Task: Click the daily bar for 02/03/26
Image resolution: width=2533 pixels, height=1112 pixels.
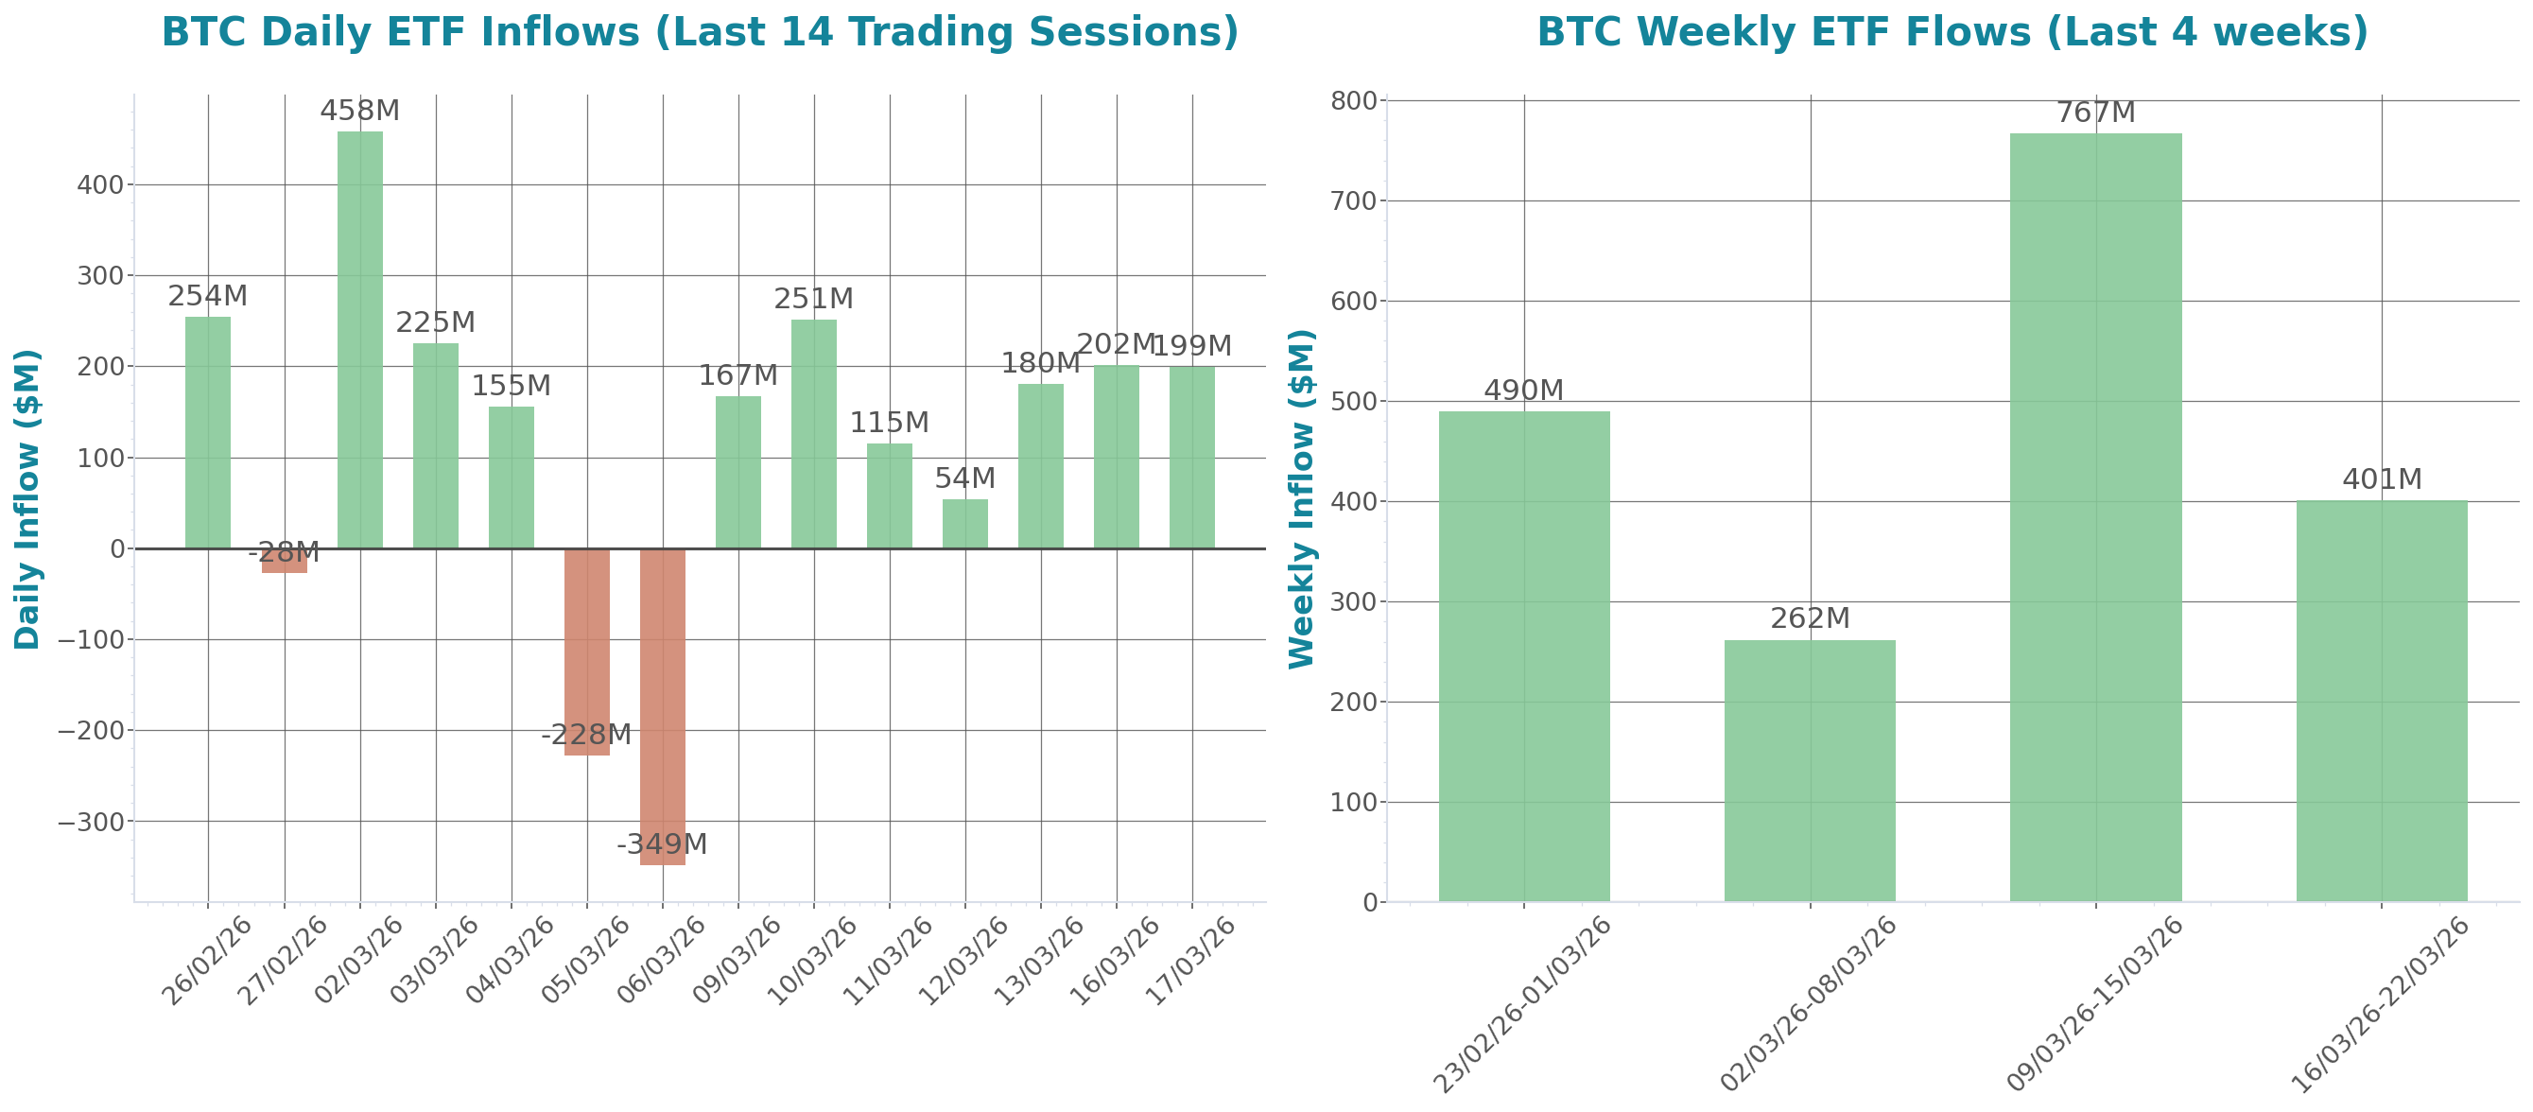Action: click(x=360, y=339)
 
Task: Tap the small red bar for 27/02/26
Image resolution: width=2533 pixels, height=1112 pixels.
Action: click(x=285, y=561)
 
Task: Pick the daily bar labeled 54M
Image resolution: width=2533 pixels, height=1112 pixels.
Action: click(x=964, y=523)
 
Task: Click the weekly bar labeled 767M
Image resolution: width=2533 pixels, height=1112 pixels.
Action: click(x=2095, y=516)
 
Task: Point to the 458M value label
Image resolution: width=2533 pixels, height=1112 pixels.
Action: click(x=360, y=111)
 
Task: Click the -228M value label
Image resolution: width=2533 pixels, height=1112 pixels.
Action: click(x=586, y=735)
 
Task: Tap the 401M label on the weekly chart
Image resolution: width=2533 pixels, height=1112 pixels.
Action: click(x=2382, y=479)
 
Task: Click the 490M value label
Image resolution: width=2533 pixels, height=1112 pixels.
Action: click(x=1523, y=391)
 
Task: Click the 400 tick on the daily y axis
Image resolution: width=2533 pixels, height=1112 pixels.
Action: click(x=100, y=184)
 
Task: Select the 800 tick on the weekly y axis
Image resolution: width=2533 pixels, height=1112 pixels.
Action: click(x=1353, y=101)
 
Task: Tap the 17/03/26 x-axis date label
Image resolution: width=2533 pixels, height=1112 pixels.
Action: click(x=1191, y=961)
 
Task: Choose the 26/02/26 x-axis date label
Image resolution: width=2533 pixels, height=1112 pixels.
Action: click(x=207, y=961)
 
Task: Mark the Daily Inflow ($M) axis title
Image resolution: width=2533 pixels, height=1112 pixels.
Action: click(x=27, y=498)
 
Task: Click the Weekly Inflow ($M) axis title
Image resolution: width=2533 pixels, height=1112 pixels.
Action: click(x=1302, y=498)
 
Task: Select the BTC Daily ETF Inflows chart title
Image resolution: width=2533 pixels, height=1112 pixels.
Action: click(x=699, y=31)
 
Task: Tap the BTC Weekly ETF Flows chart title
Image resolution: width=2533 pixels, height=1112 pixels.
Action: click(x=1952, y=31)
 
